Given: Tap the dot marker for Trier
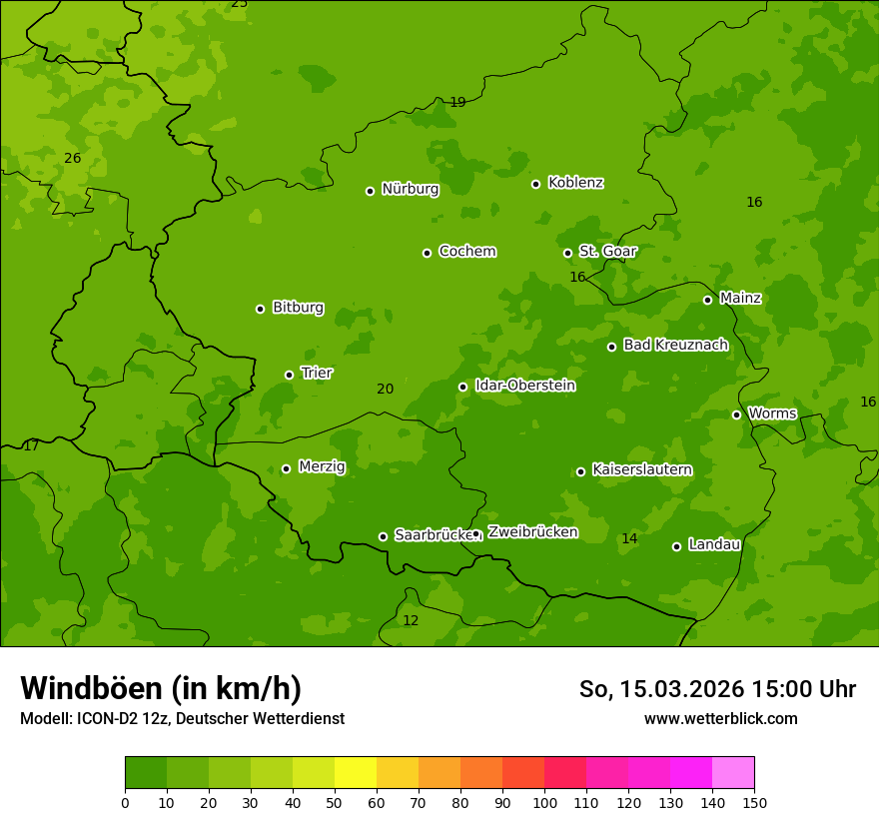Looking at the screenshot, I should (x=290, y=375).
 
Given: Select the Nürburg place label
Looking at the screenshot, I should (x=410, y=189).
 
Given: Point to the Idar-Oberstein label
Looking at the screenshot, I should (x=524, y=386).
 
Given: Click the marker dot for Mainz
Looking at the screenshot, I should (x=707, y=300).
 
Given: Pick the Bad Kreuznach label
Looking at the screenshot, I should (x=675, y=345).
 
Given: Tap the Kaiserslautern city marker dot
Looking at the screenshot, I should (x=580, y=471).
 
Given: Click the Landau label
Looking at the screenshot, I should (x=714, y=544).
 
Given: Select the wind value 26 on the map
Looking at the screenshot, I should (x=72, y=158).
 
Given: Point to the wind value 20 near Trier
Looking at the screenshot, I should (x=385, y=389).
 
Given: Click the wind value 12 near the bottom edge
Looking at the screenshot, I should (x=411, y=620).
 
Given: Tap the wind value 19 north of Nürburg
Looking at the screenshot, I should (x=457, y=102).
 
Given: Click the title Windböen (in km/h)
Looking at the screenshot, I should (x=161, y=688).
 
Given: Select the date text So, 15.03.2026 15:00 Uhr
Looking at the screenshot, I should (x=717, y=689).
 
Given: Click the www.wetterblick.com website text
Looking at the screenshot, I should (x=720, y=718).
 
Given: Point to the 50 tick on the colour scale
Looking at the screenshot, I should (x=335, y=802).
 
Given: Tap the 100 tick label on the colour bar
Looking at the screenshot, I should (x=544, y=802).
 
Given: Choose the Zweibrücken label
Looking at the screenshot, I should (x=532, y=532).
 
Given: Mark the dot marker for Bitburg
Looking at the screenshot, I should (x=260, y=309).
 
